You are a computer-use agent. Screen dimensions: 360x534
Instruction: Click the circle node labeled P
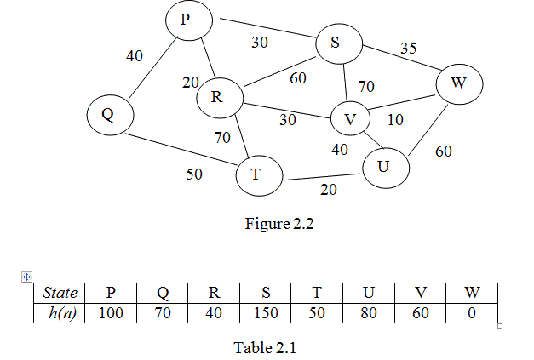185,19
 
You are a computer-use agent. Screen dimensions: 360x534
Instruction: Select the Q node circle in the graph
108,114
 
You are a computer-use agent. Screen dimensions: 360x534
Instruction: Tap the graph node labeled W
459,84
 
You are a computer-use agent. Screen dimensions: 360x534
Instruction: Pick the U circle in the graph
385,166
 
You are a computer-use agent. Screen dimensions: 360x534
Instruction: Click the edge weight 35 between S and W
409,49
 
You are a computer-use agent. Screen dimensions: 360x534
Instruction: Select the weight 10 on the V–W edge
395,120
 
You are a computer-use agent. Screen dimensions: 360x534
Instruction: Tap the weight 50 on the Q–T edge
195,174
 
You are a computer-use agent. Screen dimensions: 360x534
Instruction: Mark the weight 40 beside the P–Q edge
135,56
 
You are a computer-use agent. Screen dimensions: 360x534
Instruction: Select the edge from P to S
267,29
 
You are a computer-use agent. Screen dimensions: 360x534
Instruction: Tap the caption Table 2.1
264,347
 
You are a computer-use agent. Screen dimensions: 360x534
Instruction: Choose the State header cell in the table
60,294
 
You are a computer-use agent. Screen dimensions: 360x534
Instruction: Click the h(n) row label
60,312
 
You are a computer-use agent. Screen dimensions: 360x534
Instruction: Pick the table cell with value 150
266,312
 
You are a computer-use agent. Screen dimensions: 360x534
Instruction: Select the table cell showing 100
111,312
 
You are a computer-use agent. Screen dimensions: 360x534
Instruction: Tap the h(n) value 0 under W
471,312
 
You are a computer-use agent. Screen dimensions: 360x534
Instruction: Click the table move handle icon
26,277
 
